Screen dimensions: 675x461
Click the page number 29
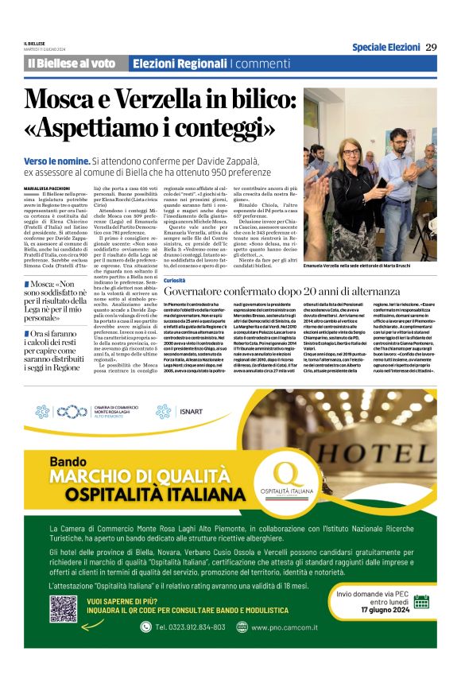[x=431, y=47]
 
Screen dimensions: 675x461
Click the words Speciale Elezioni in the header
[x=386, y=47]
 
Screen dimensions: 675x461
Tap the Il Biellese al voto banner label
[x=72, y=64]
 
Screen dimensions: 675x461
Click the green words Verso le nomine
[x=60, y=160]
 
